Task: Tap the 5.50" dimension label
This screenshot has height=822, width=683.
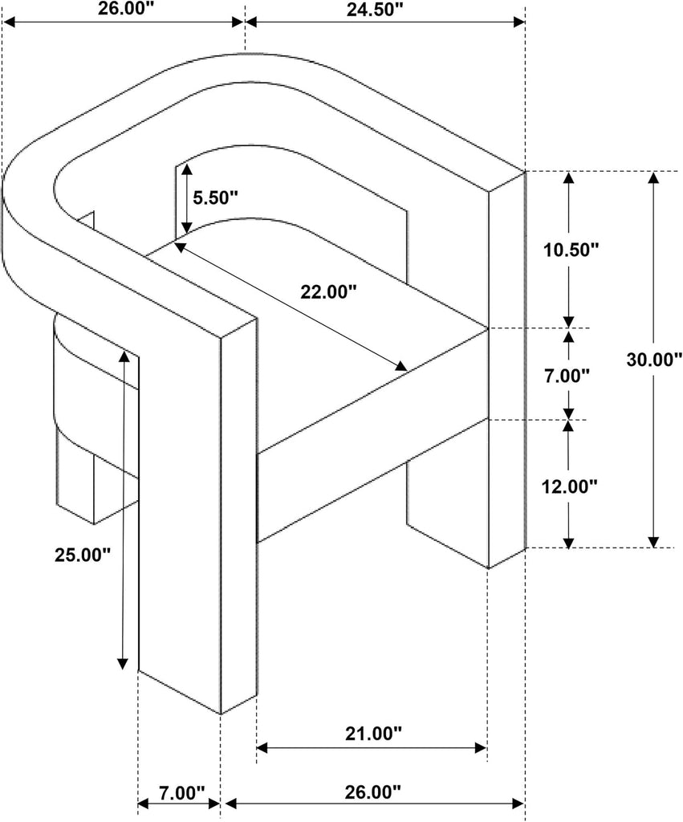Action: (x=215, y=197)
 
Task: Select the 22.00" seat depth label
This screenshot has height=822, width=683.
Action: (x=328, y=291)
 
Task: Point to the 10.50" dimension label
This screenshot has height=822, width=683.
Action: (x=571, y=250)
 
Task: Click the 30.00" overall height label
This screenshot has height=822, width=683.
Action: (x=654, y=359)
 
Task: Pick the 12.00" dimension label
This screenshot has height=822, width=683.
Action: (x=569, y=486)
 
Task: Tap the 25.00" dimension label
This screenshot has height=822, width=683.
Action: (x=83, y=555)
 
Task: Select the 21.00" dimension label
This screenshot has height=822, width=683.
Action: (x=373, y=734)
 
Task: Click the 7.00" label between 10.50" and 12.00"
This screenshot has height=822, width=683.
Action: (x=567, y=376)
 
